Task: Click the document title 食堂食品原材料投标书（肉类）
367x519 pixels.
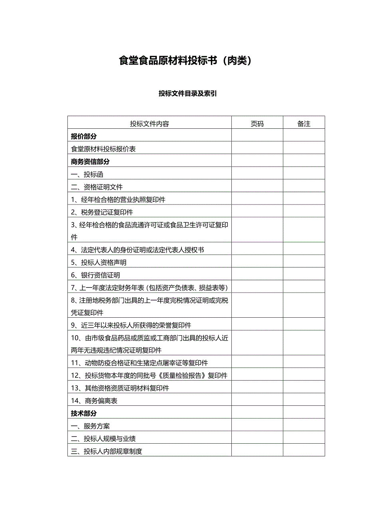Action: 185,61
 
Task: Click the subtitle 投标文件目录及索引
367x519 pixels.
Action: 187,94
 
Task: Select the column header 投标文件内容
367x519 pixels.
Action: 150,124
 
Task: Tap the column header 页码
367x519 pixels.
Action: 257,124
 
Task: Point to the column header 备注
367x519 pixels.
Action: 304,124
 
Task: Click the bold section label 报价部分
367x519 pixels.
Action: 84,136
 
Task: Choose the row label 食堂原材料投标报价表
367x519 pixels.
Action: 103,149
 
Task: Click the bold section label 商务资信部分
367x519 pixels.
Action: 90,162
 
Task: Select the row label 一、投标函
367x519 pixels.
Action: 87,174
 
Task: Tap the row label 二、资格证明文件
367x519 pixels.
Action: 97,187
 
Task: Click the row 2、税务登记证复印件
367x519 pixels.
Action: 102,212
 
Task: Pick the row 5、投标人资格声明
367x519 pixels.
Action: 99,263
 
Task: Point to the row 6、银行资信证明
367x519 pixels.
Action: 96,275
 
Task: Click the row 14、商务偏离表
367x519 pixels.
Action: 95,401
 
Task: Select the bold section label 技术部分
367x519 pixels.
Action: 84,413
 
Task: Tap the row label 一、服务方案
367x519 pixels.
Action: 91,426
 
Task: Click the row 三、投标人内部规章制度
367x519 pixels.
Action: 107,452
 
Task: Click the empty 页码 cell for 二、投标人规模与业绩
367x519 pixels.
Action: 257,439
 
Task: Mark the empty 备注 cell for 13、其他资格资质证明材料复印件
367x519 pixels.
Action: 304,388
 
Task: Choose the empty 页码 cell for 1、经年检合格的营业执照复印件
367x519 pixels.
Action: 257,200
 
